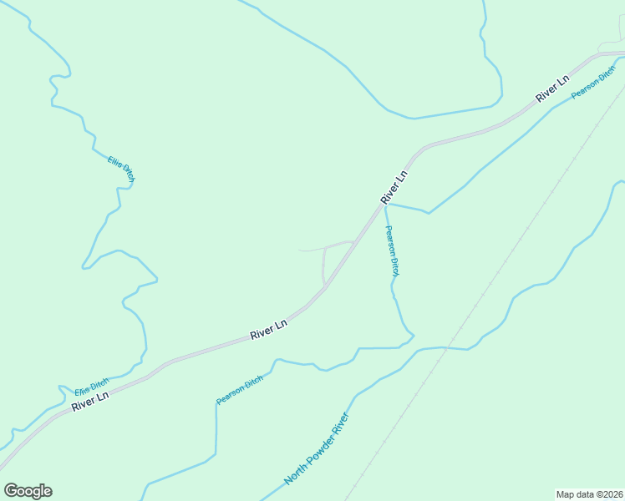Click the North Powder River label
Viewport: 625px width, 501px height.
coord(315,448)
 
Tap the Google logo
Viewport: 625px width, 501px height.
coord(28,491)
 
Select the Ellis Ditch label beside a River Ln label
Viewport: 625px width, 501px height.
coord(91,387)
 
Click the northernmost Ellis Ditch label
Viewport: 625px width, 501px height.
coord(121,168)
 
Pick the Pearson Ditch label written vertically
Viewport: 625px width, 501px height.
coord(392,250)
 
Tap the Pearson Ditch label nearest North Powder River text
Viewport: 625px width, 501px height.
coord(239,390)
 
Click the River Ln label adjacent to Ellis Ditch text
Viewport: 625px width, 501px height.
coord(90,401)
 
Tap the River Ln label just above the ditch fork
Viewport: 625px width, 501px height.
coord(394,187)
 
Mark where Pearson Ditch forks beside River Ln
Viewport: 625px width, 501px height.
coord(385,203)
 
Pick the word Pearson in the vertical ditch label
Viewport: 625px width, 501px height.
coord(389,240)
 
